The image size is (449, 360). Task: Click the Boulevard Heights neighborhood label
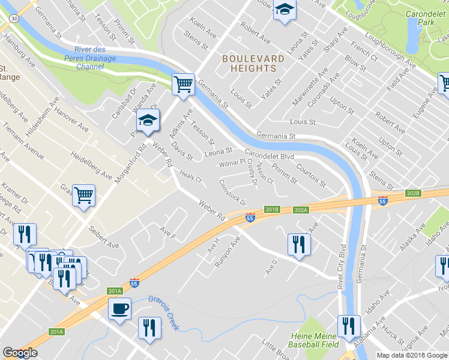249,63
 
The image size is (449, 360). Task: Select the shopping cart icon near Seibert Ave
84,194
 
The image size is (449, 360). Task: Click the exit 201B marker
273,209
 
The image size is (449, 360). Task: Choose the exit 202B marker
412,193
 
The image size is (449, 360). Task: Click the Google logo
20,353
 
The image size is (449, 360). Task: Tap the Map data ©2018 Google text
411,355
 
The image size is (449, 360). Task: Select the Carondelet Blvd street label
269,154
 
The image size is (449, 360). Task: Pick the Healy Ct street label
190,177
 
